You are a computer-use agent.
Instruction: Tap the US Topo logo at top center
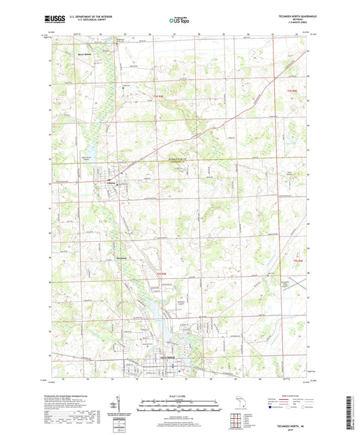click(179, 21)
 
